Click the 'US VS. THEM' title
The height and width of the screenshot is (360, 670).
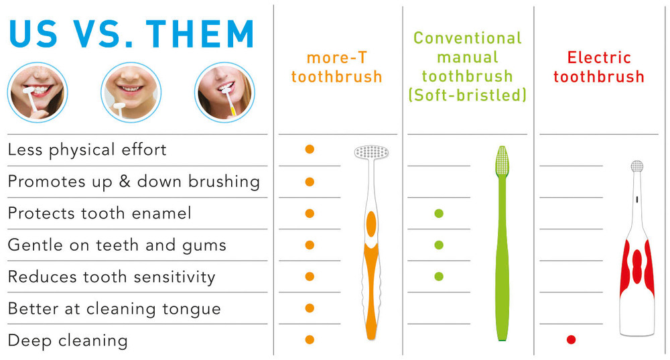tap(131, 34)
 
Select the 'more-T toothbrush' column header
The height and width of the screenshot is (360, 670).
tap(337, 67)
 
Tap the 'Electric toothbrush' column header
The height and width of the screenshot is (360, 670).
tap(598, 67)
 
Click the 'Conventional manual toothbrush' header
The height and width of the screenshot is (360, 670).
tap(468, 66)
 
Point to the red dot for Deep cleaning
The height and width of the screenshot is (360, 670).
tap(571, 340)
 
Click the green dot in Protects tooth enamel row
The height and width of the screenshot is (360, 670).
tap(439, 213)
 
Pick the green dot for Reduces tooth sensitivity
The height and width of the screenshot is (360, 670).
tap(439, 277)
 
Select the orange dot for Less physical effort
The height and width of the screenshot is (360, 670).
tap(310, 149)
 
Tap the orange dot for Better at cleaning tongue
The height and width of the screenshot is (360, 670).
tap(310, 308)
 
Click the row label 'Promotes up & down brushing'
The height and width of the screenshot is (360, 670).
tap(134, 182)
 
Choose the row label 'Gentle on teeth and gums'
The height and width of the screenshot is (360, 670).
tap(117, 245)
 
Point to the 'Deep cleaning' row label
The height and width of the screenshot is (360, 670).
tap(68, 341)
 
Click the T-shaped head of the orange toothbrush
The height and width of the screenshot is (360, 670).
tap(371, 152)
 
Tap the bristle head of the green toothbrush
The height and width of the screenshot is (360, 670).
tap(502, 161)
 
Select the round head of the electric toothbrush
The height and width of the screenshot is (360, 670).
tap(636, 166)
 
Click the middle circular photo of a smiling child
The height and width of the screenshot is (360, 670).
tap(131, 93)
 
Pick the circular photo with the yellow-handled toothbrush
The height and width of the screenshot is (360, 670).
tap(224, 93)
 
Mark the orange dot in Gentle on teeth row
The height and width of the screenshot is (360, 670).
tap(310, 245)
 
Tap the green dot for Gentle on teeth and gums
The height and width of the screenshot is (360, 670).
tap(439, 245)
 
